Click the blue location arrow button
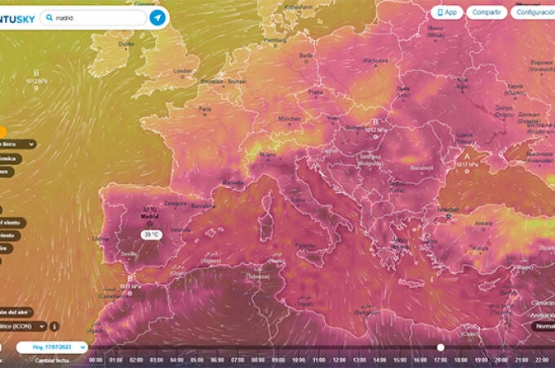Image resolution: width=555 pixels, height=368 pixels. pyautogui.click(x=158, y=17)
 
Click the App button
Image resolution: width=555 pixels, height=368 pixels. pyautogui.click(x=447, y=12)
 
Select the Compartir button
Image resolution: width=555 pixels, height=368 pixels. pyautogui.click(x=486, y=12)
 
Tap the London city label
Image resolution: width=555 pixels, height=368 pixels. pyautogui.click(x=180, y=70)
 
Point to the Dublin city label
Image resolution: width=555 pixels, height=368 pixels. pyautogui.click(x=126, y=44)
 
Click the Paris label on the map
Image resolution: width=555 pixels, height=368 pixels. pyautogui.click(x=205, y=109)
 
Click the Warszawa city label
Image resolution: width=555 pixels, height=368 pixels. pyautogui.click(x=375, y=61)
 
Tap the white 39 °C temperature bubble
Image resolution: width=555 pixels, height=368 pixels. pyautogui.click(x=151, y=234)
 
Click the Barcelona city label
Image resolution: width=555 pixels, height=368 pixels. pyautogui.click(x=203, y=207)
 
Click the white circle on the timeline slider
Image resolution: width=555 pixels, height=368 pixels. pyautogui.click(x=441, y=347)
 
